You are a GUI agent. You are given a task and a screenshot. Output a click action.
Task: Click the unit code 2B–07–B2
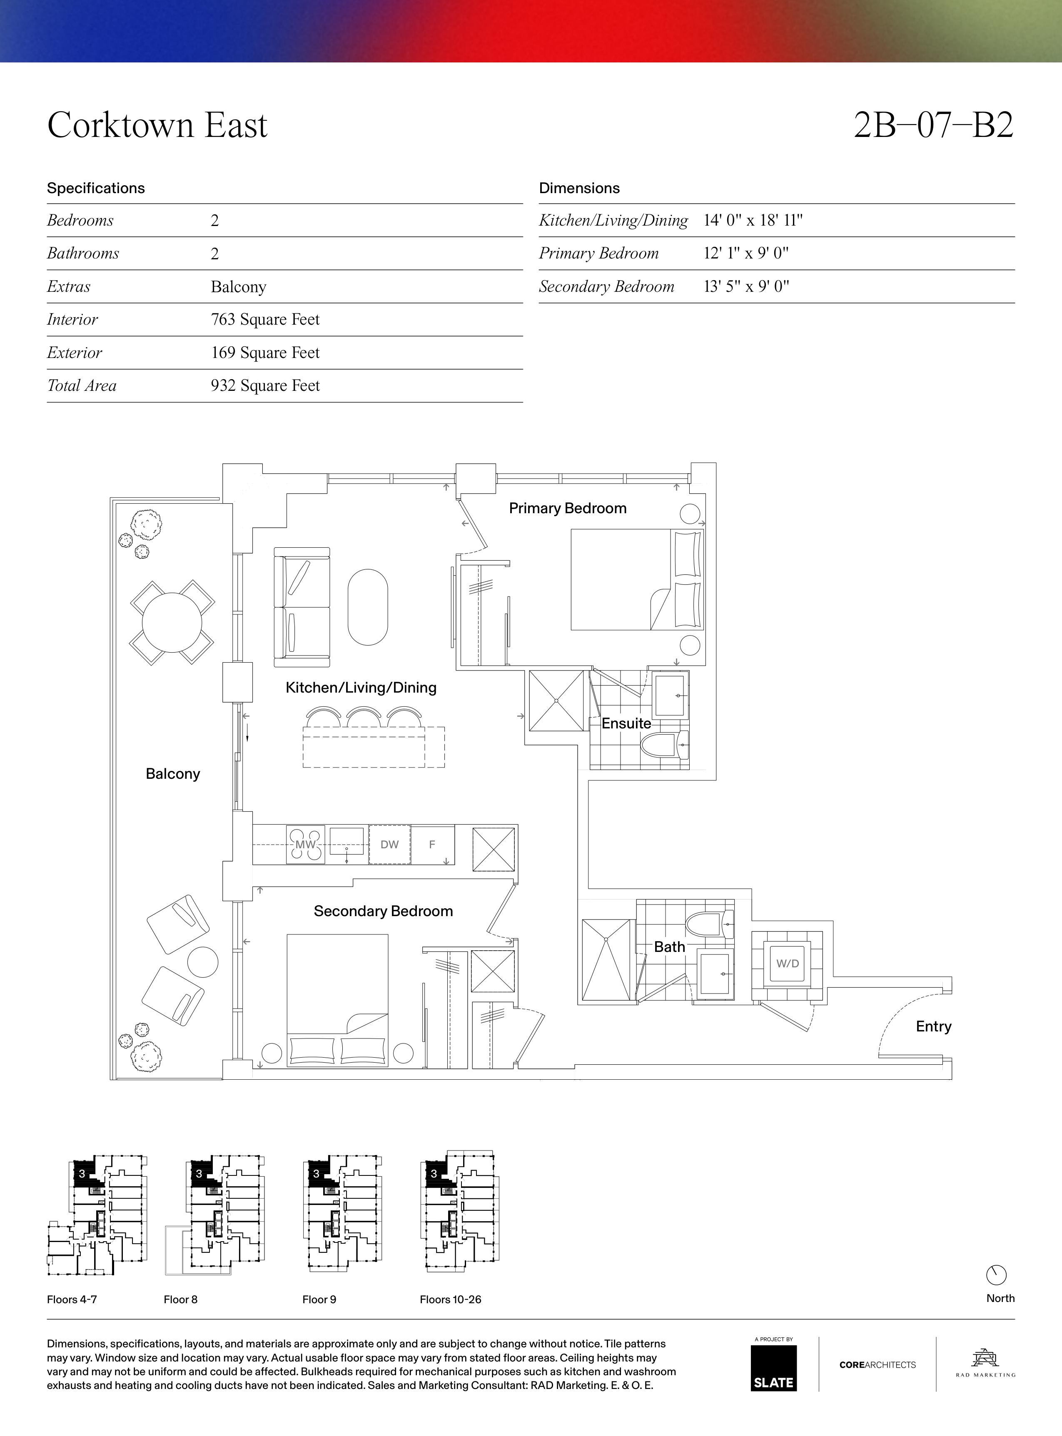point(933,125)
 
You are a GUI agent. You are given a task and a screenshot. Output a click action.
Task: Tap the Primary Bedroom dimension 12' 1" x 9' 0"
point(746,253)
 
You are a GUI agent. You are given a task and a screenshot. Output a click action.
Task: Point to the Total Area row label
point(82,385)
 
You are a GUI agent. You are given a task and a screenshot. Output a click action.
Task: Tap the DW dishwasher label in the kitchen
point(389,844)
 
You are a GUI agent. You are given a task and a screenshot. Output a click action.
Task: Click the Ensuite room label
point(626,723)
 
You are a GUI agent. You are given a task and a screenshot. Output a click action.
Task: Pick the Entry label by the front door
point(933,1026)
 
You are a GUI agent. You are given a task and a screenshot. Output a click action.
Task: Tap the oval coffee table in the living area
point(368,607)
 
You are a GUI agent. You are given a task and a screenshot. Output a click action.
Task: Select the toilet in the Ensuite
point(665,745)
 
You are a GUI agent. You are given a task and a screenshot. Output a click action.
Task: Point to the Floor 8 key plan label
point(181,1299)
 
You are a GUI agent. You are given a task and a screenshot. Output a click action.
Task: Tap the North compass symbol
point(996,1275)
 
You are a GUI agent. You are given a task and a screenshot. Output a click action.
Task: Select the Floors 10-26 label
point(450,1299)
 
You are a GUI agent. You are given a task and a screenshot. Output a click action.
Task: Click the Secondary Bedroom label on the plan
point(383,911)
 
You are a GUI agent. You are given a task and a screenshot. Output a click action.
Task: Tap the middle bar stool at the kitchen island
point(365,717)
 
